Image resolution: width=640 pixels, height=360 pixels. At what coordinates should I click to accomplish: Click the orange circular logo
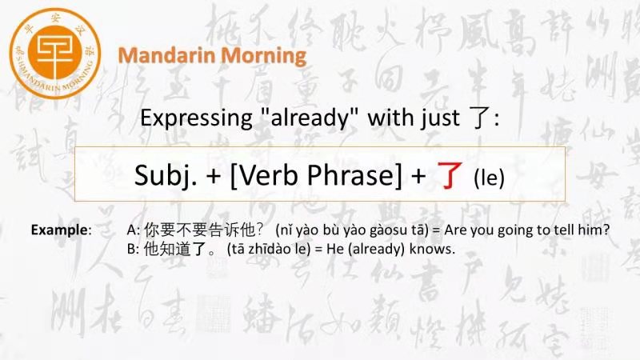(x=54, y=53)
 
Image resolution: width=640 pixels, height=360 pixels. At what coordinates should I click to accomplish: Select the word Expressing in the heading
(x=196, y=118)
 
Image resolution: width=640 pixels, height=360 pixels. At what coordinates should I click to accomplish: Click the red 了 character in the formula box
(x=450, y=175)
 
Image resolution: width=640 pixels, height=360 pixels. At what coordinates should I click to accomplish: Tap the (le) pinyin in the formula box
(x=489, y=178)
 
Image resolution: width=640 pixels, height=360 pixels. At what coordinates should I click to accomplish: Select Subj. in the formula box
(x=166, y=175)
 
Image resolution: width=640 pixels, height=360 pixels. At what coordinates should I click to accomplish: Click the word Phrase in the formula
(x=354, y=174)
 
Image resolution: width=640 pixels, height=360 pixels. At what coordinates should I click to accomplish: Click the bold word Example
(x=59, y=230)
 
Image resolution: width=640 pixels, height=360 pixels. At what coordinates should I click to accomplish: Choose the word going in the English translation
(x=516, y=230)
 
